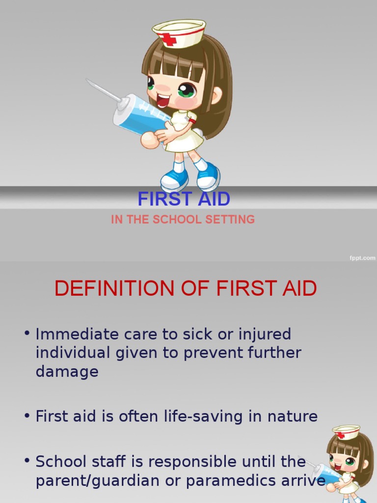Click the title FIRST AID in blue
click(x=184, y=199)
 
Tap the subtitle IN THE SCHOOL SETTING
click(x=183, y=220)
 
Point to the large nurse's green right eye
click(x=187, y=90)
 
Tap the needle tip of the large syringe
click(x=88, y=81)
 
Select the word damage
click(x=67, y=371)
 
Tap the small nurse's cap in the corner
click(x=346, y=432)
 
